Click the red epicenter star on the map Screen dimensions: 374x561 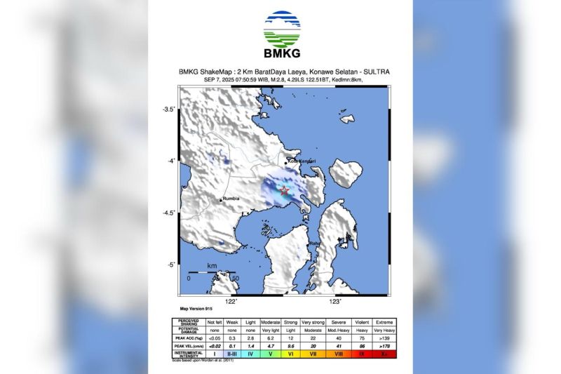tap(285, 190)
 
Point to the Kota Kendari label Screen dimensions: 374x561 tap(302, 162)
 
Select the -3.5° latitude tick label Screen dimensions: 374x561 tap(168, 109)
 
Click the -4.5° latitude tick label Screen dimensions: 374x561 tap(168, 213)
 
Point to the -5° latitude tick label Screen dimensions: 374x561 tap(170, 265)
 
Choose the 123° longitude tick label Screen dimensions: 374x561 tap(336, 302)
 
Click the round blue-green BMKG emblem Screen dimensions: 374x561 tap(281, 29)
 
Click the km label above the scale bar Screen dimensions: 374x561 tap(212, 266)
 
